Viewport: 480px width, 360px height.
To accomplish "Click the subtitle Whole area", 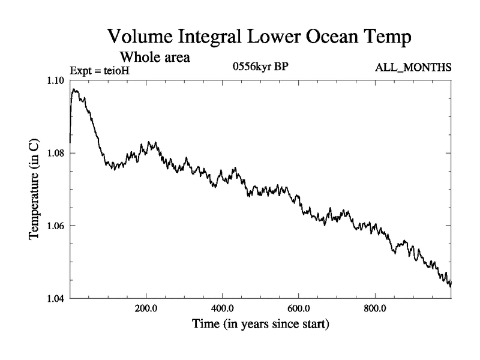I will (155, 58).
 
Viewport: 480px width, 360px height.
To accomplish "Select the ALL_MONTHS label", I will (413, 67).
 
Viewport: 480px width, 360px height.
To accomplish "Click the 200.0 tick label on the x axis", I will (146, 309).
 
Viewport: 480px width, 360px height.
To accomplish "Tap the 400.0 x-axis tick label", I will (223, 309).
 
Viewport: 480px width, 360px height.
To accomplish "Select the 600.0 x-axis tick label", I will (299, 309).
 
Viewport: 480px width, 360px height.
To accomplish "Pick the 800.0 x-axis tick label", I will (375, 309).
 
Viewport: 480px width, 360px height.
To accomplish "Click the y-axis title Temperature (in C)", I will (35, 190).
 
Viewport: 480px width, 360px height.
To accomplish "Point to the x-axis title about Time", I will (260, 325).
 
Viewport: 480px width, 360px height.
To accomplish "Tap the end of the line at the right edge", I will (450, 284).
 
